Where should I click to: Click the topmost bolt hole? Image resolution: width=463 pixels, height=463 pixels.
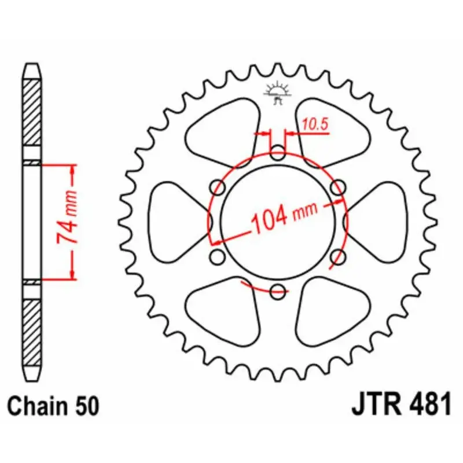pyautogui.click(x=278, y=154)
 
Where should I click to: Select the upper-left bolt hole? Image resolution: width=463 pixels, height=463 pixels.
pyautogui.click(x=218, y=187)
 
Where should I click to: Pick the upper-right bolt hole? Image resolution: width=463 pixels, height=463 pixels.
pyautogui.click(x=338, y=187)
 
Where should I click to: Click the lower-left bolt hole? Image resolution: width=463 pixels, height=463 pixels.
pyautogui.click(x=218, y=256)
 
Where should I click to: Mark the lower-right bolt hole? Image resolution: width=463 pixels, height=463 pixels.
pyautogui.click(x=338, y=256)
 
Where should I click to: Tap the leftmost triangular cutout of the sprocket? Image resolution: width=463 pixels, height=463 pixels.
pyautogui.click(x=177, y=222)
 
